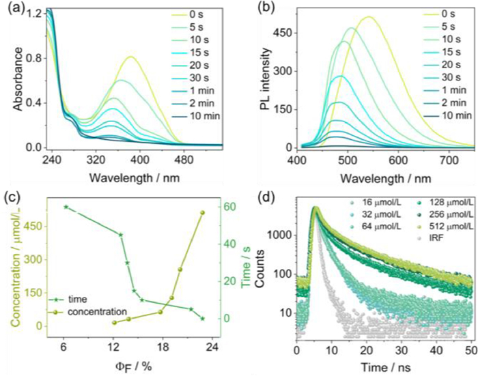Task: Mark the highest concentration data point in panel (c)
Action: click(x=201, y=213)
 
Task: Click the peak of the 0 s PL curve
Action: click(x=369, y=16)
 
